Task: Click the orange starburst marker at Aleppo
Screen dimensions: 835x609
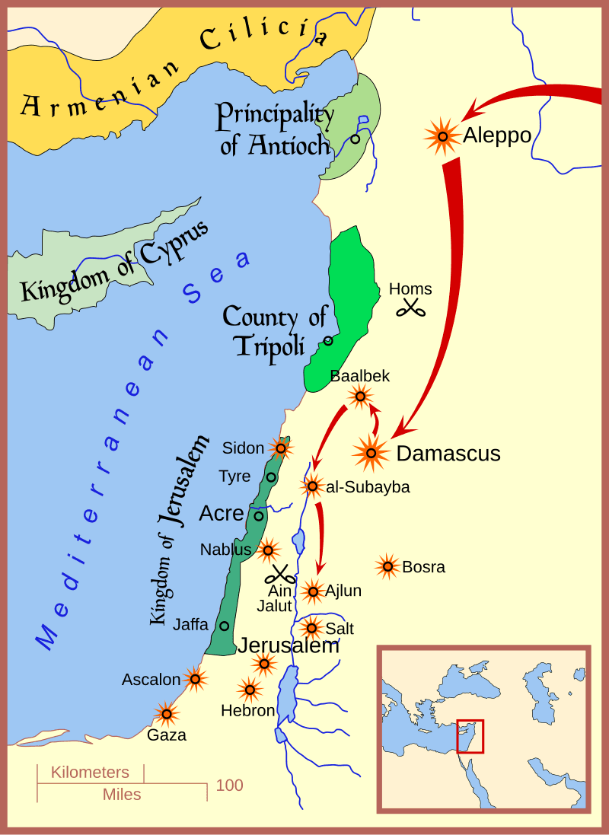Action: pos(442,136)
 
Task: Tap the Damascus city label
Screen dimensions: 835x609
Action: pos(448,454)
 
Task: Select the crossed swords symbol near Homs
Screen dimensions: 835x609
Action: pos(413,308)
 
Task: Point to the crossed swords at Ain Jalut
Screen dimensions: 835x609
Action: pos(281,575)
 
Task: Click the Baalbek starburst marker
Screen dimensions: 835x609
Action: pos(360,396)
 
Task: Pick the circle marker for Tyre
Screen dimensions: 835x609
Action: pos(271,477)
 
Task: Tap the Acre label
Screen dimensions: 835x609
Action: pos(221,514)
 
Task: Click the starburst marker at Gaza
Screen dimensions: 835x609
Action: pos(165,714)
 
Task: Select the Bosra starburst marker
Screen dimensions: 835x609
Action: pos(387,566)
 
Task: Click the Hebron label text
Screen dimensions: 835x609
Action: pos(247,711)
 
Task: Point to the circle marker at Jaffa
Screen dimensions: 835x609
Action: pos(225,626)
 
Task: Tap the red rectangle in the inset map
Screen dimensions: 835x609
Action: pos(470,736)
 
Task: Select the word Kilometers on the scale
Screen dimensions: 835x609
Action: pos(90,773)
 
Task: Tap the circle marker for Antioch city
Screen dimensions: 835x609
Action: pos(355,139)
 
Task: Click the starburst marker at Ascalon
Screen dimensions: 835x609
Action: pos(196,679)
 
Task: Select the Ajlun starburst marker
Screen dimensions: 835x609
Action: pos(312,591)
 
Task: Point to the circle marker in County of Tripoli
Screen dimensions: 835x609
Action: pos(328,340)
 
